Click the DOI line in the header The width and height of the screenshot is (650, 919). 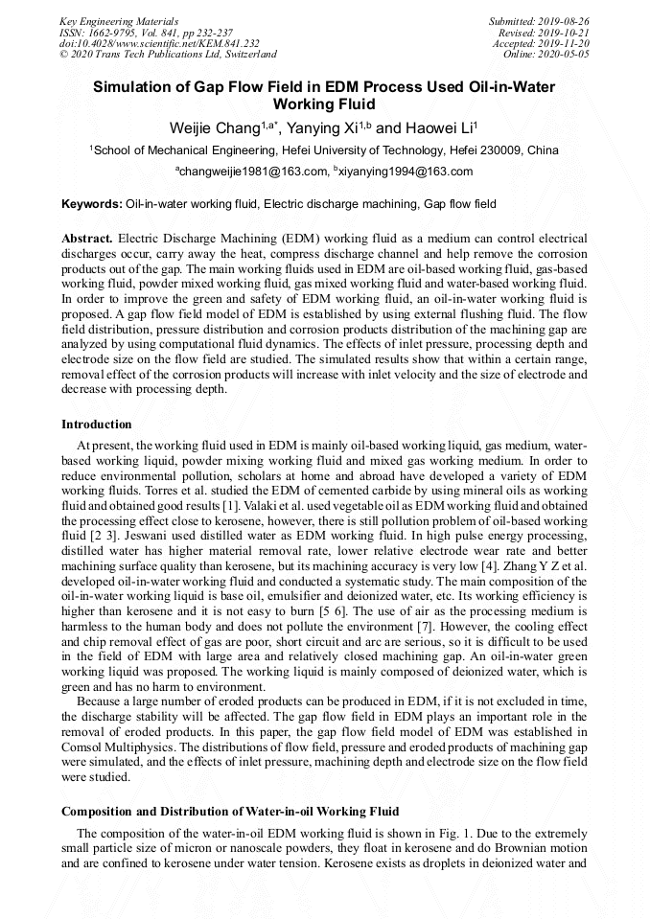click(159, 43)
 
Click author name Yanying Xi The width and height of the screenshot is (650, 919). click(322, 127)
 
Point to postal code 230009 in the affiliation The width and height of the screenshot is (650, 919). click(504, 150)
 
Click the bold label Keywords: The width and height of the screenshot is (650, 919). click(92, 204)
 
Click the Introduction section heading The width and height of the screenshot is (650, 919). click(97, 424)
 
